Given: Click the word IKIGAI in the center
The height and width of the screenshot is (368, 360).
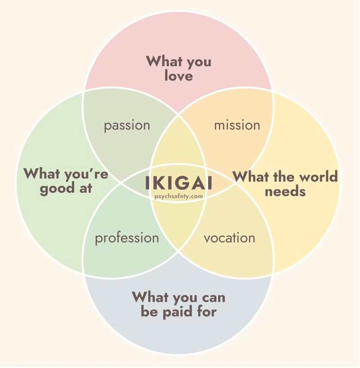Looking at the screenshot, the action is coord(179,184).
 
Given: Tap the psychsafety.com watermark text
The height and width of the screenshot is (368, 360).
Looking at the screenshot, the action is coord(179,197).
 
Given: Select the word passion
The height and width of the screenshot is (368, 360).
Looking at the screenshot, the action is coord(127,125).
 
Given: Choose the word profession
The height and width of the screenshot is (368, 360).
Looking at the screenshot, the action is coord(126,238).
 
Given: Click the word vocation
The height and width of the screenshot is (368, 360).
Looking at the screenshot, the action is coord(229,238).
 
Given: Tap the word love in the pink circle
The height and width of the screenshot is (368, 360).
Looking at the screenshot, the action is coord(178,75).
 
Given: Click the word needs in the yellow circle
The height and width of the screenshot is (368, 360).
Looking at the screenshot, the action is coord(285,191).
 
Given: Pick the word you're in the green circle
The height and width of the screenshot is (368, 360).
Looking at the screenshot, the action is coord(78,174).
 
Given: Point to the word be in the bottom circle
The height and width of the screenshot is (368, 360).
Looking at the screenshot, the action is coord(149,311).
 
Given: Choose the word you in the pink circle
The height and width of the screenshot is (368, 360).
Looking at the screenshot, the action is coord(198,62).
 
